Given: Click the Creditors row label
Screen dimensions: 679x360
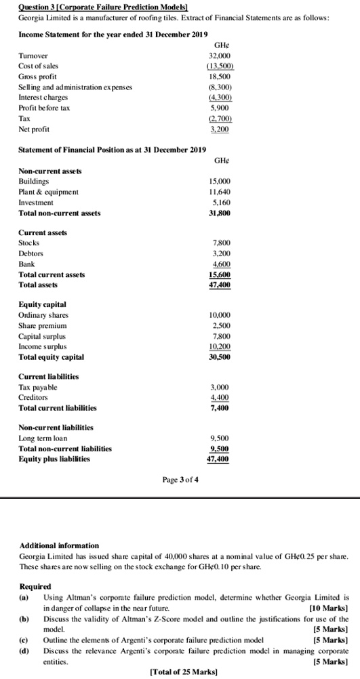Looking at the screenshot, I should (35, 398).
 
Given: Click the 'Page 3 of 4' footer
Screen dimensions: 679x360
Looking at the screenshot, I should (180, 481).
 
